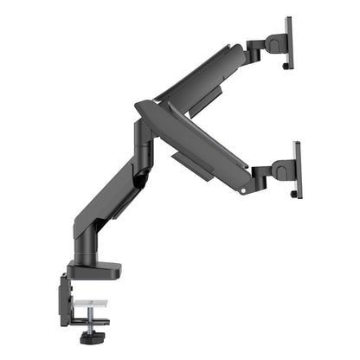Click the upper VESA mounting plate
288,43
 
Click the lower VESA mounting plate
298,169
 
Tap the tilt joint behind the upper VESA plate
275,43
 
